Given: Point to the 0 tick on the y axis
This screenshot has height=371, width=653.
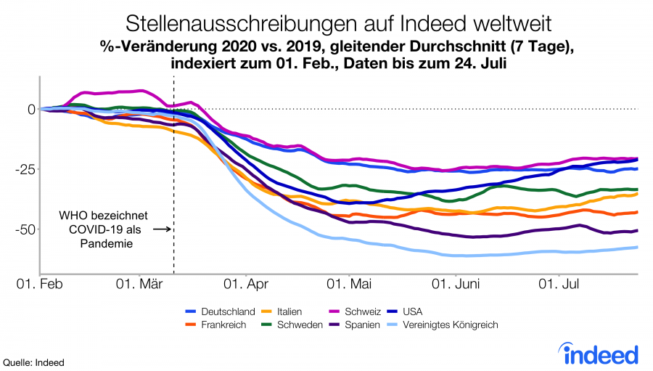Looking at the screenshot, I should [x=31, y=110].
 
